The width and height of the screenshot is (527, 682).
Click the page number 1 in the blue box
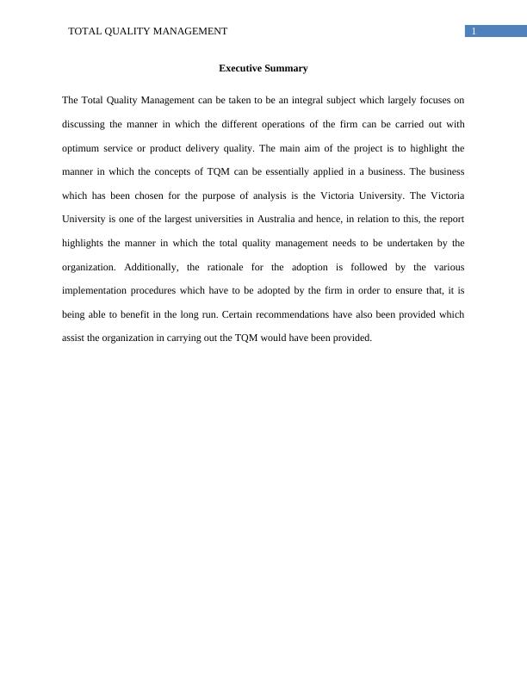tap(473, 32)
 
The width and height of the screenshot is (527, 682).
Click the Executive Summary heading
tap(263, 68)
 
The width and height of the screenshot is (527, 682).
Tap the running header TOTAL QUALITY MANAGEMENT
tap(147, 31)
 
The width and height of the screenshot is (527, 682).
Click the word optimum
tap(80, 148)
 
